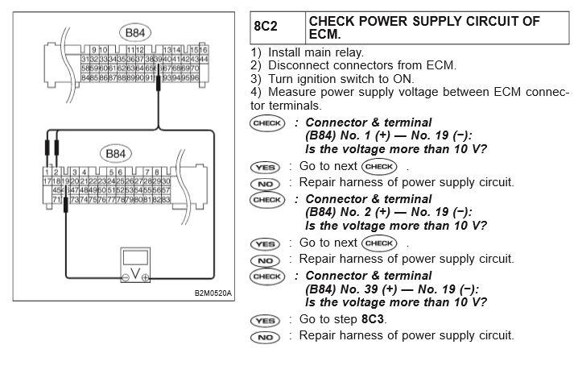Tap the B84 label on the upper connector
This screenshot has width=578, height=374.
(130, 34)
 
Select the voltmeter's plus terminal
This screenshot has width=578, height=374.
(145, 279)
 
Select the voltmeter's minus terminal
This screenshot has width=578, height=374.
(125, 279)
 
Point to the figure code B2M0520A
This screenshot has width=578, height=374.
(213, 293)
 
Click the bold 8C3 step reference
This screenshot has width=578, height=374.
(374, 319)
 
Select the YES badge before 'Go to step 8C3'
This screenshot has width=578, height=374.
(265, 320)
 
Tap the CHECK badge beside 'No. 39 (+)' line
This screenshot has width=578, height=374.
(266, 276)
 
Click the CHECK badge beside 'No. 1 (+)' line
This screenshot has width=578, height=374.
(266, 123)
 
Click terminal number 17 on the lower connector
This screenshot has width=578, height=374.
(47, 181)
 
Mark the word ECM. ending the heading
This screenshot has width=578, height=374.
(327, 35)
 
